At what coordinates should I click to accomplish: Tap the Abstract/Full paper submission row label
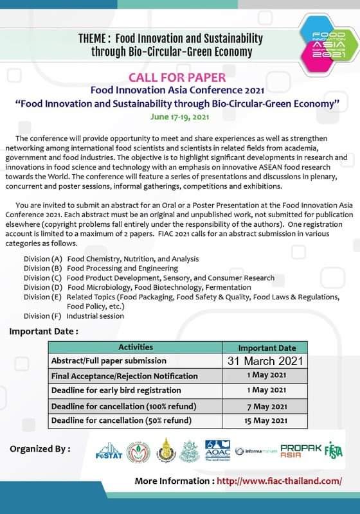point(109,360)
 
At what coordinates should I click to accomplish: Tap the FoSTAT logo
point(108,452)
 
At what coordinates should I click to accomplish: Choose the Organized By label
point(40,448)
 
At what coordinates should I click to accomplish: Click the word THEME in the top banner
point(93,38)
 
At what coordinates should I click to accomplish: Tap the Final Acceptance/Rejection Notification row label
point(124,376)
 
